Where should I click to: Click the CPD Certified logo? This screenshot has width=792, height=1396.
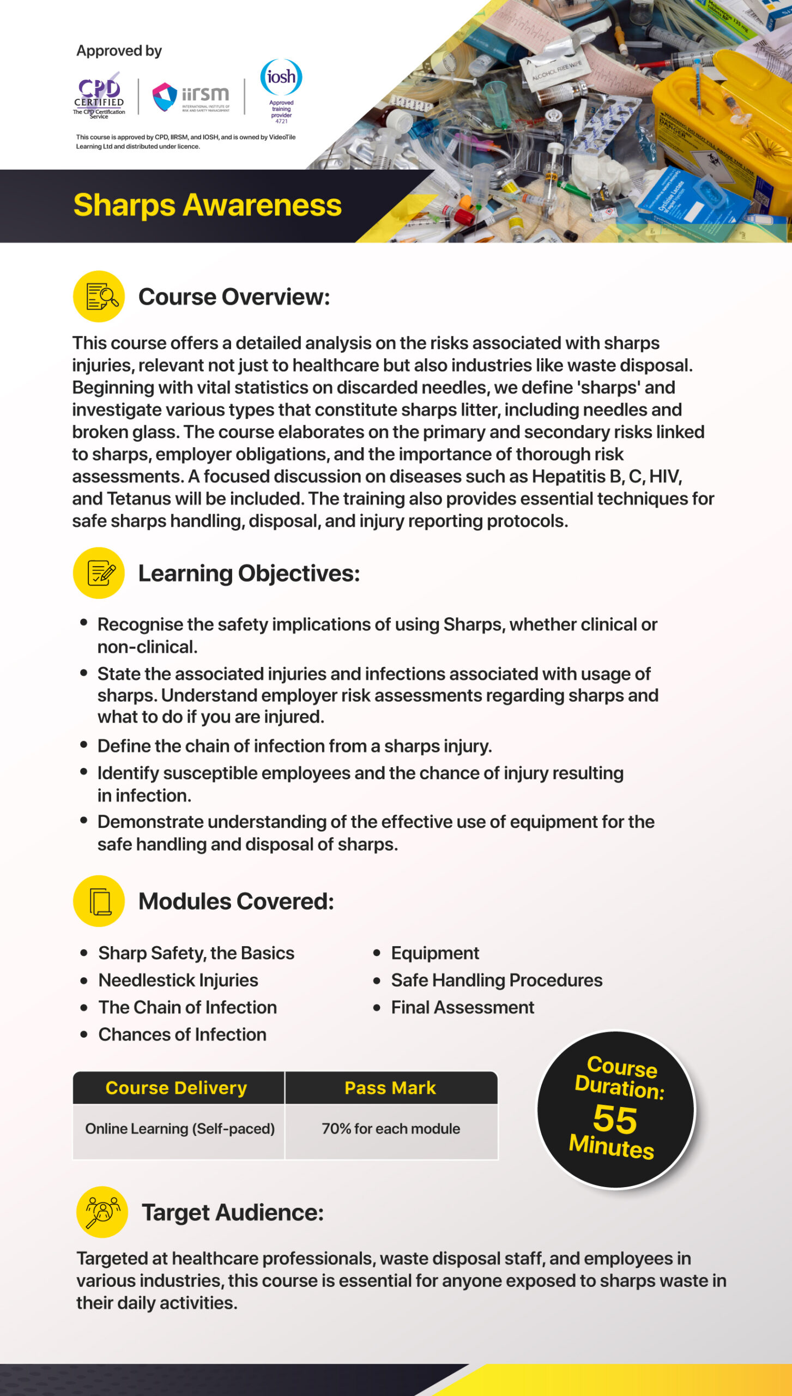point(99,95)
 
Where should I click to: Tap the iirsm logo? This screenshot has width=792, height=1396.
point(191,97)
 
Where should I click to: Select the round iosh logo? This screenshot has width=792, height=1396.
point(281,77)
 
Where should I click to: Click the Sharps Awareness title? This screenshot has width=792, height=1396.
point(207,205)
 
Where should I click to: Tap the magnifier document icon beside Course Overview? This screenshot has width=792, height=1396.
point(99,297)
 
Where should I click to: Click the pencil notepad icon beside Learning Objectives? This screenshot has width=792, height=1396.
point(99,573)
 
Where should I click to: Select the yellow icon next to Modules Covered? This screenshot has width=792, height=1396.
point(99,901)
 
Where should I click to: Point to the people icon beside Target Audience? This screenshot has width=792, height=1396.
point(102,1212)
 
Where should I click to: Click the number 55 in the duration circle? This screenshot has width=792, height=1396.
point(615,1119)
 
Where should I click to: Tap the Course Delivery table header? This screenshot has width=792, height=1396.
point(177,1088)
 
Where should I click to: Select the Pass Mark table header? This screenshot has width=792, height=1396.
point(390,1088)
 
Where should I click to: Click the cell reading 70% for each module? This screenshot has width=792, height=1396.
point(391,1128)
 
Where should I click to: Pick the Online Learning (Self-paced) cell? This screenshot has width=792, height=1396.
point(180,1128)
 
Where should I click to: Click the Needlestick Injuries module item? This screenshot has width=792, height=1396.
point(178,980)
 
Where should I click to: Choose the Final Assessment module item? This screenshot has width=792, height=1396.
point(462,1007)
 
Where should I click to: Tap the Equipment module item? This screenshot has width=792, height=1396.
point(435,953)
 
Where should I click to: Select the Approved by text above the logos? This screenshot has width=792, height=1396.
point(119,51)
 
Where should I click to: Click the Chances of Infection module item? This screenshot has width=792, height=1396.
point(182,1034)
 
